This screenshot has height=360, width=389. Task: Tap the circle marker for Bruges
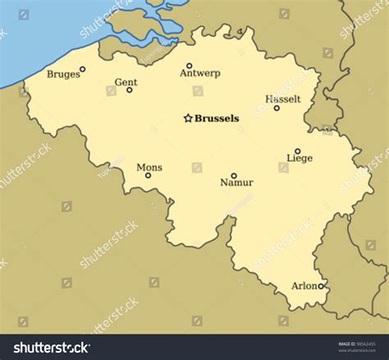[x=82, y=70]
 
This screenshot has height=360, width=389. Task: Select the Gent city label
[x=126, y=82]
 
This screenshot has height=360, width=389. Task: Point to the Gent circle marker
[x=129, y=89]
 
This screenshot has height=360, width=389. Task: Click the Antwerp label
[x=199, y=73]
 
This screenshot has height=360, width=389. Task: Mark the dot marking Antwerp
[x=189, y=66]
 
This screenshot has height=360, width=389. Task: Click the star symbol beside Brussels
[x=187, y=118]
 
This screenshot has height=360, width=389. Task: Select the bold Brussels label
[x=217, y=118]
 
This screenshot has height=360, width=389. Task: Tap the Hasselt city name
[x=283, y=99]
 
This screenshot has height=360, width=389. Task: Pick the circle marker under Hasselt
[x=277, y=107]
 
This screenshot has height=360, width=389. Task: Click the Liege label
[x=300, y=158]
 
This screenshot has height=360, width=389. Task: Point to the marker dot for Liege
[x=297, y=151]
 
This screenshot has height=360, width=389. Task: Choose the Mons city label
[x=149, y=167]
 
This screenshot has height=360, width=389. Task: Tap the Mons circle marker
[x=149, y=175]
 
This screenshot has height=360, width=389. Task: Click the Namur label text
[x=236, y=183]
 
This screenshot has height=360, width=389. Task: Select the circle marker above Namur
[x=233, y=175]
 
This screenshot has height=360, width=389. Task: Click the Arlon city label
[x=304, y=286]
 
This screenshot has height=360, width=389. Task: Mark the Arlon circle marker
[x=321, y=286]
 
